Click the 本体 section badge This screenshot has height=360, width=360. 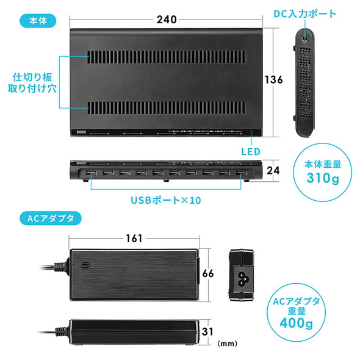(x=38, y=21)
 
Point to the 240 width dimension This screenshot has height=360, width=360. (x=165, y=20)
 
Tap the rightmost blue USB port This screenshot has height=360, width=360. (x=239, y=175)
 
